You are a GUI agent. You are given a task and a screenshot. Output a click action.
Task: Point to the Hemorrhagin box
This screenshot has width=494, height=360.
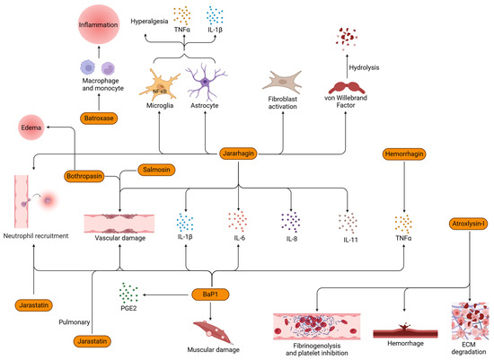pos(406,156)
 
